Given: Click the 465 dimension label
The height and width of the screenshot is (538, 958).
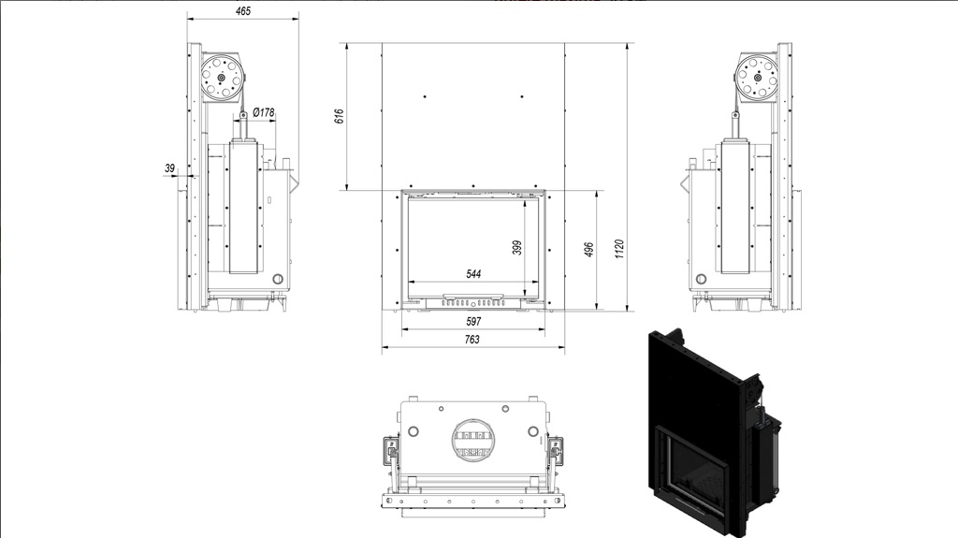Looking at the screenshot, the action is pyautogui.click(x=243, y=11).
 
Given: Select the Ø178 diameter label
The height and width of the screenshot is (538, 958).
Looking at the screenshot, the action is pyautogui.click(x=263, y=112).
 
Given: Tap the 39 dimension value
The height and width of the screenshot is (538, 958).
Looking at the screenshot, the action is pyautogui.click(x=170, y=167).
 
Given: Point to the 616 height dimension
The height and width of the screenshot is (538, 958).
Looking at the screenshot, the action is pyautogui.click(x=339, y=116).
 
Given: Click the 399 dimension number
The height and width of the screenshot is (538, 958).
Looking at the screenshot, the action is pyautogui.click(x=516, y=247).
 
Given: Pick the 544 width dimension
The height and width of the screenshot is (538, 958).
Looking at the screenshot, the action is pyautogui.click(x=473, y=274).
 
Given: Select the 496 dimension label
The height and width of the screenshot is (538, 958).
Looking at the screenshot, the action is pyautogui.click(x=589, y=250).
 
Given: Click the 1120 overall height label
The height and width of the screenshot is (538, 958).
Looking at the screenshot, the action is pyautogui.click(x=619, y=250).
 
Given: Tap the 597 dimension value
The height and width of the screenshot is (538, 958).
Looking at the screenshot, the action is pyautogui.click(x=473, y=321).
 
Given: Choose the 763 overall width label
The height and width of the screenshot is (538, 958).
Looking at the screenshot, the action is pyautogui.click(x=472, y=340).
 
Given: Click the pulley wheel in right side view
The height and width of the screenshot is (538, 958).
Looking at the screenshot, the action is pyautogui.click(x=757, y=77).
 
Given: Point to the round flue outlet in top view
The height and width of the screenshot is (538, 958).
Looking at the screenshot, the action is pyautogui.click(x=472, y=440).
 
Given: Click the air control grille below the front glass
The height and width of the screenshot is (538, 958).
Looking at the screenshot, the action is pyautogui.click(x=473, y=302).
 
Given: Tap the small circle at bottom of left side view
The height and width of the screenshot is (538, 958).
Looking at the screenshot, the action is pyautogui.click(x=277, y=279).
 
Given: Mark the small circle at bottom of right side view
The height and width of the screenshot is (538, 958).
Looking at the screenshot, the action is pyautogui.click(x=701, y=280).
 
